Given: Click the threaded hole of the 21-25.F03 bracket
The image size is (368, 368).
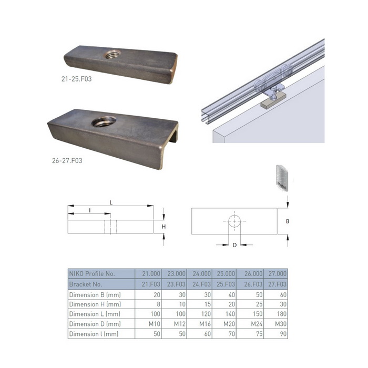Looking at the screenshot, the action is click(113, 55).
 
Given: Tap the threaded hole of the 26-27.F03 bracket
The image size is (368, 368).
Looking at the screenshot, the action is click(104, 121).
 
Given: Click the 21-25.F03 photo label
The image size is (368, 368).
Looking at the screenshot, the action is click(77, 79).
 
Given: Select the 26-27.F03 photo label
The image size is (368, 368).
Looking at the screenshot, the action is click(67, 160).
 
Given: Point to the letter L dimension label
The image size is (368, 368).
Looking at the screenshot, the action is click(111, 202).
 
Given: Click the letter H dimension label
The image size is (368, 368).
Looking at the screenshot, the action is click(163, 227).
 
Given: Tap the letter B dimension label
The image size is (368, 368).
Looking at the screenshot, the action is click(288, 221).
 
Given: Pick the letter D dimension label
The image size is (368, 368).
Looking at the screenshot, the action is click(234, 245).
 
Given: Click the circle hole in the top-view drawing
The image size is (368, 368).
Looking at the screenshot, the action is click(234, 221).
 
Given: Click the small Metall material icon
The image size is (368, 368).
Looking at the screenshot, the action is click(282, 178).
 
